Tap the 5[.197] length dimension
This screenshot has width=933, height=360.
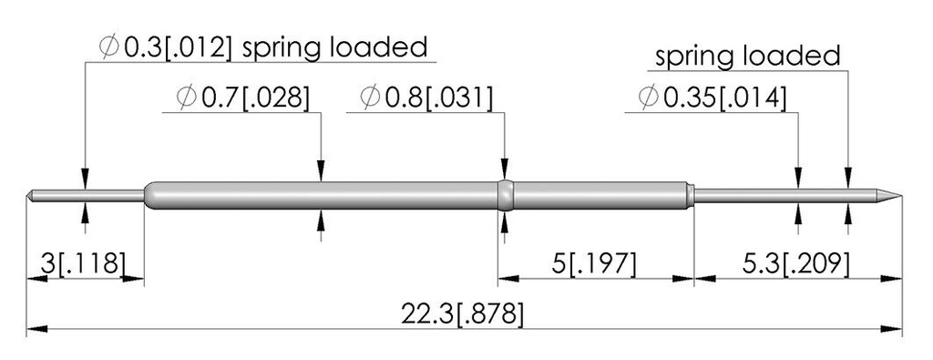pyautogui.click(x=593, y=264)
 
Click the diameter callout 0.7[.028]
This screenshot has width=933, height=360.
pyautogui.click(x=244, y=98)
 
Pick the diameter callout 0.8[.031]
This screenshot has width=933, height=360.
pyautogui.click(x=427, y=98)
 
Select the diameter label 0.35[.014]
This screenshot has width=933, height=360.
pyautogui.click(x=713, y=98)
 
